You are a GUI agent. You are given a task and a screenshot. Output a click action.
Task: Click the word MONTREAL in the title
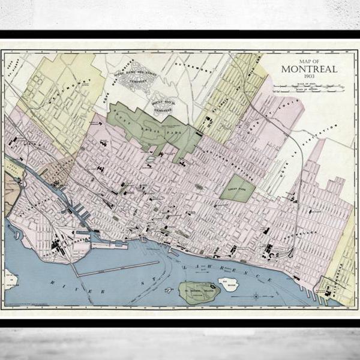point(309,69)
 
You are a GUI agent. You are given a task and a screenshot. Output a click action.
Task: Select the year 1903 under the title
point(309,77)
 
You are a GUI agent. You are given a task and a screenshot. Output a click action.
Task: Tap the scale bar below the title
point(308,87)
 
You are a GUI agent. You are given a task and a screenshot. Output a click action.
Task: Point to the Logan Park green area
point(241,188)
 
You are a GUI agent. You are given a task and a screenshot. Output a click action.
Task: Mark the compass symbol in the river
point(256,295)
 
